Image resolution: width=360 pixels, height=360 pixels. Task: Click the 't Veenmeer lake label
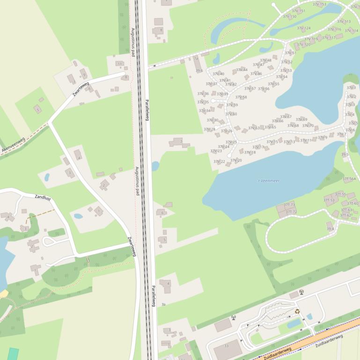coord(269,180)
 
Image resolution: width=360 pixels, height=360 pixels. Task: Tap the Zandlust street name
coord(43,198)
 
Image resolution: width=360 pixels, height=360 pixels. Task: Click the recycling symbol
coord(297,310)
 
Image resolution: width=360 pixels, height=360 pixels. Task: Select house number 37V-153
coord(319,4)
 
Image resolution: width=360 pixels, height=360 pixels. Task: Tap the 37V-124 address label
coord(303,28)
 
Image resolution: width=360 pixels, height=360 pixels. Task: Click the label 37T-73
coord(289,205)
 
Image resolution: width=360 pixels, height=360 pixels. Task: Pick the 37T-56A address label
coord(349,179)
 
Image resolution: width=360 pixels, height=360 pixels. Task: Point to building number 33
coord(226,346)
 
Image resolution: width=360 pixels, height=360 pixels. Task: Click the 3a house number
coord(163,304)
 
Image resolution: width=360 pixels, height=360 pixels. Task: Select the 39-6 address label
coord(199,71)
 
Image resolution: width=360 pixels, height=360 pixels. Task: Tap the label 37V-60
coord(231,114)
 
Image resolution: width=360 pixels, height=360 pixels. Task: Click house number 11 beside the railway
coord(119,64)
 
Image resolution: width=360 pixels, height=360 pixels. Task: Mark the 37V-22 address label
coord(219,161)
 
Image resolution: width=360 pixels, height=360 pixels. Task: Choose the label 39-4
coord(330,229)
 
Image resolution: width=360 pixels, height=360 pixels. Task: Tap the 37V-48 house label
coord(265,60)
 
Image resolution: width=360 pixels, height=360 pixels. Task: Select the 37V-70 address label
coord(308,125)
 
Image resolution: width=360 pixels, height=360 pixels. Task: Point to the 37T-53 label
coord(329,200)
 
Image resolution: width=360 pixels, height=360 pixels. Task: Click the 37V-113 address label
coord(344,22)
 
